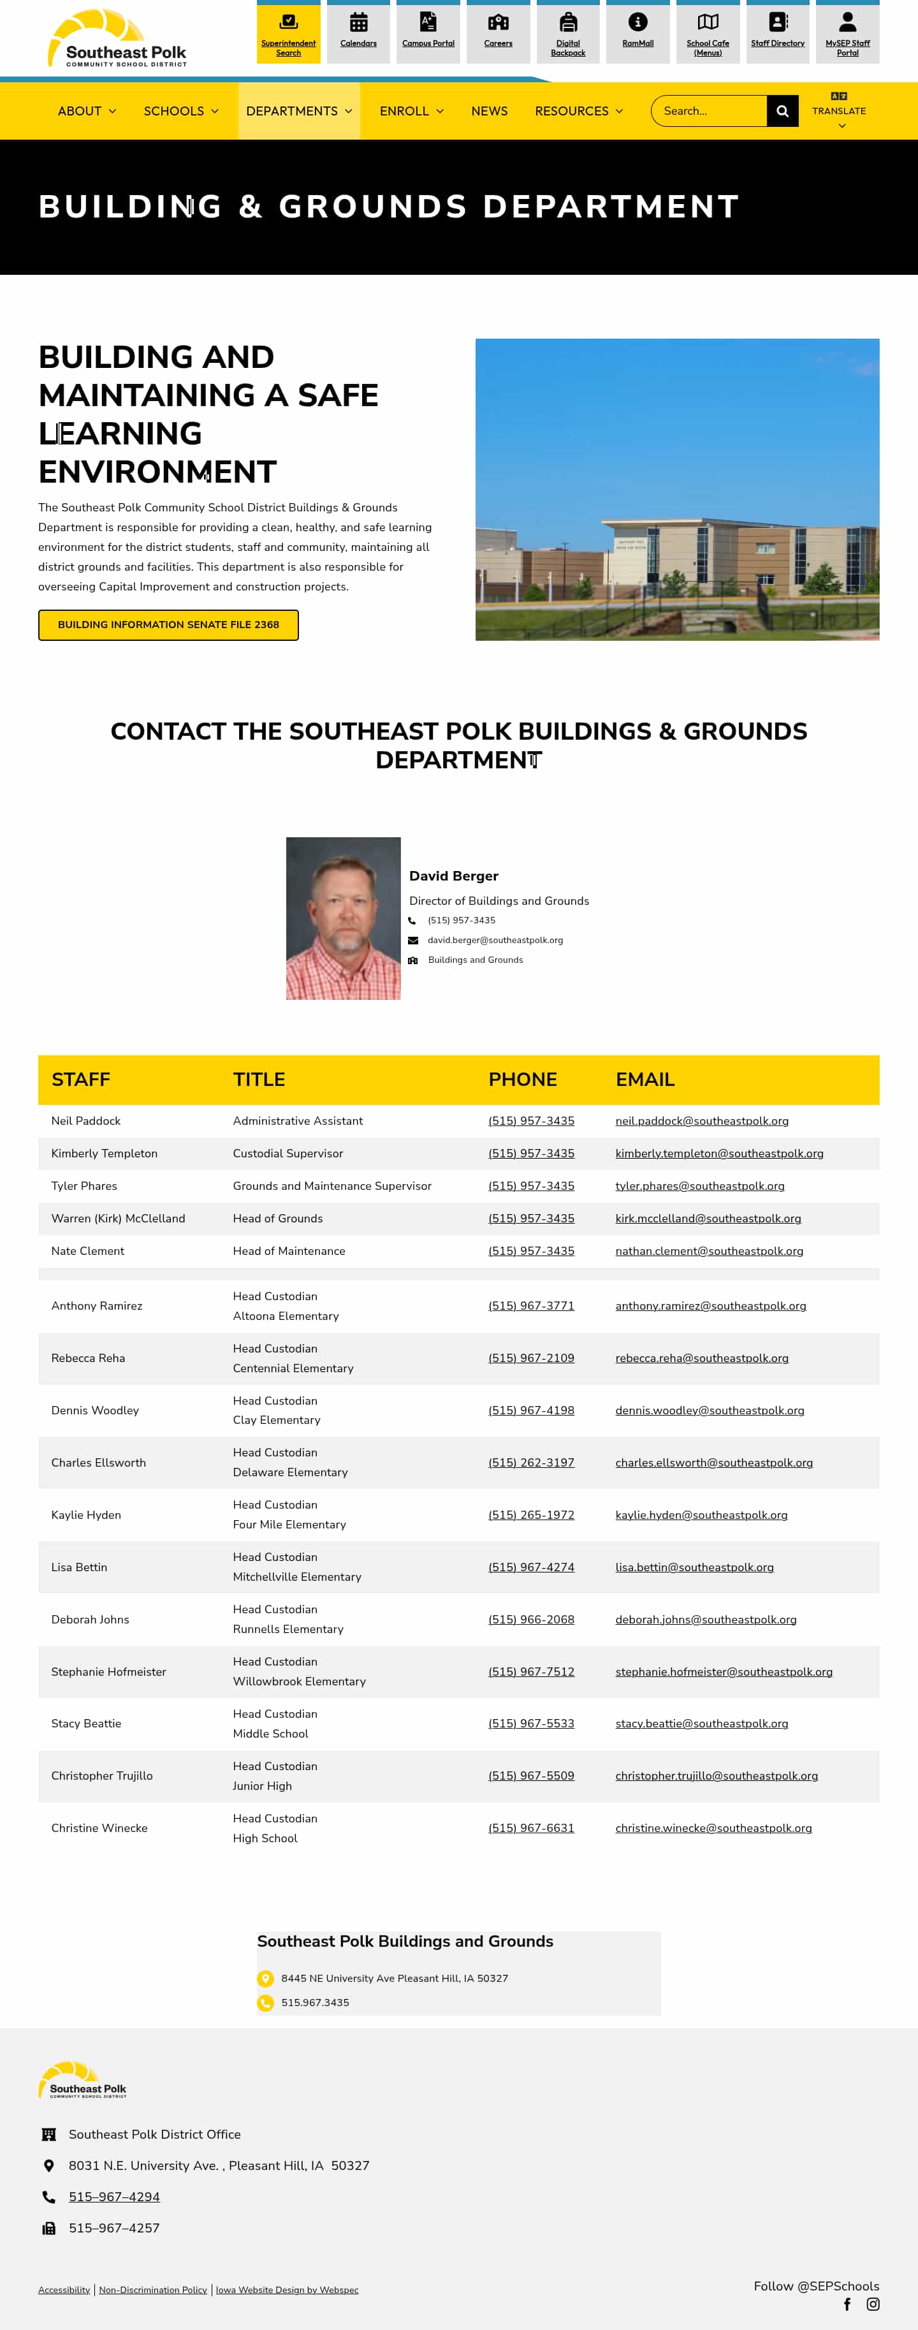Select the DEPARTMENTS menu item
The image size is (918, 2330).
coord(298,111)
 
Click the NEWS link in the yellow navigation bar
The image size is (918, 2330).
coord(490,111)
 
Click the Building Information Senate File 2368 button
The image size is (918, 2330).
coord(168,625)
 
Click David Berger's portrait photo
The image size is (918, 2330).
coord(343,918)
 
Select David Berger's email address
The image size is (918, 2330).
coord(495,941)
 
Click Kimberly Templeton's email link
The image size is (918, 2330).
coord(719,1154)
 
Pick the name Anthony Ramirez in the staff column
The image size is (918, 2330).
coord(97,1306)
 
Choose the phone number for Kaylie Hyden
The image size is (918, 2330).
coord(531,1515)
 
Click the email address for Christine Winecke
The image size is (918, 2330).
coord(713,1828)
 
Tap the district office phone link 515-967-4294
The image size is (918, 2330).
coord(114,2197)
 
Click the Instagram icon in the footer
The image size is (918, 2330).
coord(873,2304)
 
